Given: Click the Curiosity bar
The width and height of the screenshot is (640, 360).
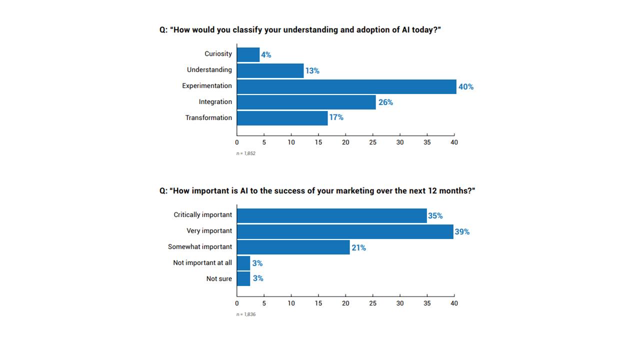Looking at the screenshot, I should [248, 54].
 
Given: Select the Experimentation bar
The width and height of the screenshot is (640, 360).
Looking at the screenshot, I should [346, 86].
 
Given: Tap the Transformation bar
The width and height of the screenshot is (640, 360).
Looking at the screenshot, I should [282, 118].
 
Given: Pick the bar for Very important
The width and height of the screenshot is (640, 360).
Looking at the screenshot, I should [345, 231].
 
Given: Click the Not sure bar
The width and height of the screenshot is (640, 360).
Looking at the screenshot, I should [243, 278].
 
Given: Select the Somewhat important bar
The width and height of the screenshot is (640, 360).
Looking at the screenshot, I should [293, 247].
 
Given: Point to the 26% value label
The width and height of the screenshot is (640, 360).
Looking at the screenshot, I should [385, 102].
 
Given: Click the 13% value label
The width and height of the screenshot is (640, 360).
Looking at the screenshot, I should [312, 71].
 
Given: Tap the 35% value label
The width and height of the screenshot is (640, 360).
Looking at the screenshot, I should [435, 216].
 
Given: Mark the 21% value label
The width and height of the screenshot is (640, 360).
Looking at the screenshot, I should [358, 247].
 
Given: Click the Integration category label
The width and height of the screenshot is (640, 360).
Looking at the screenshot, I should [215, 102].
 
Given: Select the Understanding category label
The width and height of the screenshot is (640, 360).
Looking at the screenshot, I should [209, 70].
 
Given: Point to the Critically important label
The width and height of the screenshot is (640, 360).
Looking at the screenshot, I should [203, 215].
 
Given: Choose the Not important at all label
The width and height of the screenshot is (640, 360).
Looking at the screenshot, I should [202, 262].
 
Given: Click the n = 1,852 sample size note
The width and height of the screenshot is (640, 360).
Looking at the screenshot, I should [246, 153].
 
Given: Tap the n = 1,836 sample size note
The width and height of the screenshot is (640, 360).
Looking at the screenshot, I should [246, 314].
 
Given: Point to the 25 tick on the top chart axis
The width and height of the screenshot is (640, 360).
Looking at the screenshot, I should [372, 142].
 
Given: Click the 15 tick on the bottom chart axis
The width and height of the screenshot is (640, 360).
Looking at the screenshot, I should [318, 303].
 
